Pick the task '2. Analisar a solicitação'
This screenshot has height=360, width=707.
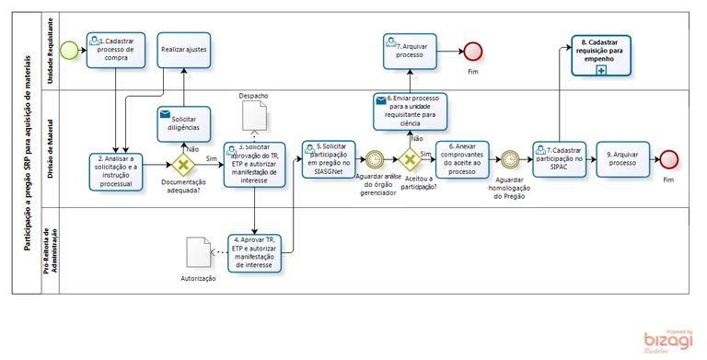tap(117, 168)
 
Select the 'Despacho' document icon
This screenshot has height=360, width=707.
tap(255, 116)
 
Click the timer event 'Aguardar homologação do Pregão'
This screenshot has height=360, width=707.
tap(509, 160)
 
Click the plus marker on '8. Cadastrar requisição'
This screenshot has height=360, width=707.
tap(601, 69)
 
